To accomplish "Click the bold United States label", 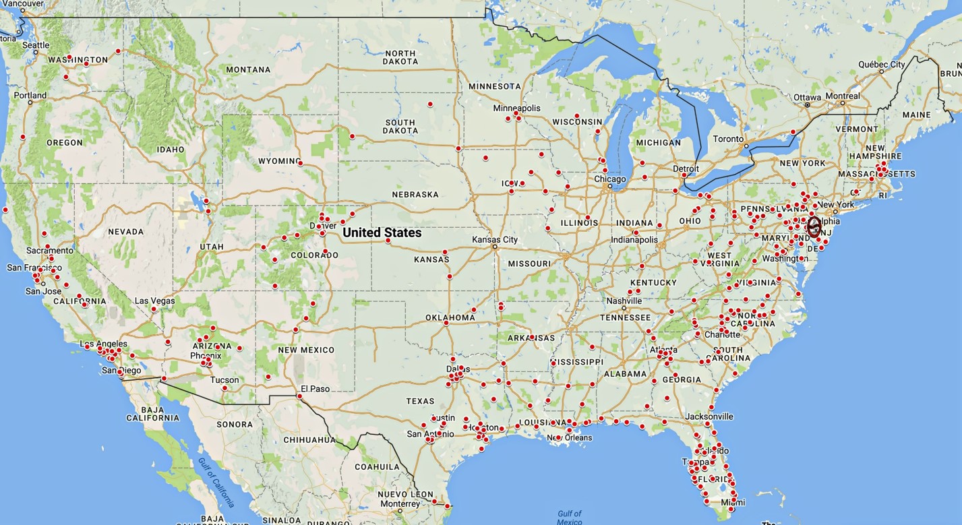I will pos(382,233).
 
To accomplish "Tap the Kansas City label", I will pos(495,240).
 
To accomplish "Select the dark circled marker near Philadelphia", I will pos(814,226).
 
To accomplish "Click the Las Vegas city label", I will pos(154,301).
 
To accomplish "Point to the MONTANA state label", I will pos(248,69).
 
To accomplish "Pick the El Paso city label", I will pos(315,389).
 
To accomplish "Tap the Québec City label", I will pos(882,65).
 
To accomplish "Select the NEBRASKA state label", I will pos(415,195).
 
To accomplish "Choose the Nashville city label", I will pos(624,301).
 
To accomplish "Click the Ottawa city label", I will pos(807,97).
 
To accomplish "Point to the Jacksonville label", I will pos(709,416).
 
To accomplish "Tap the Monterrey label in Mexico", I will pos(400,504).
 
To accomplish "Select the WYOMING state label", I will pos(278,161).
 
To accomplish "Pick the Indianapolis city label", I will pos(634,240).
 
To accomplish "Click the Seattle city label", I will pos(36,45).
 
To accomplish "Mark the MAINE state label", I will pos(916,115).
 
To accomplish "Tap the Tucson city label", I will pos(224,380).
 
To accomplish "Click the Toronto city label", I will pos(728,139).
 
